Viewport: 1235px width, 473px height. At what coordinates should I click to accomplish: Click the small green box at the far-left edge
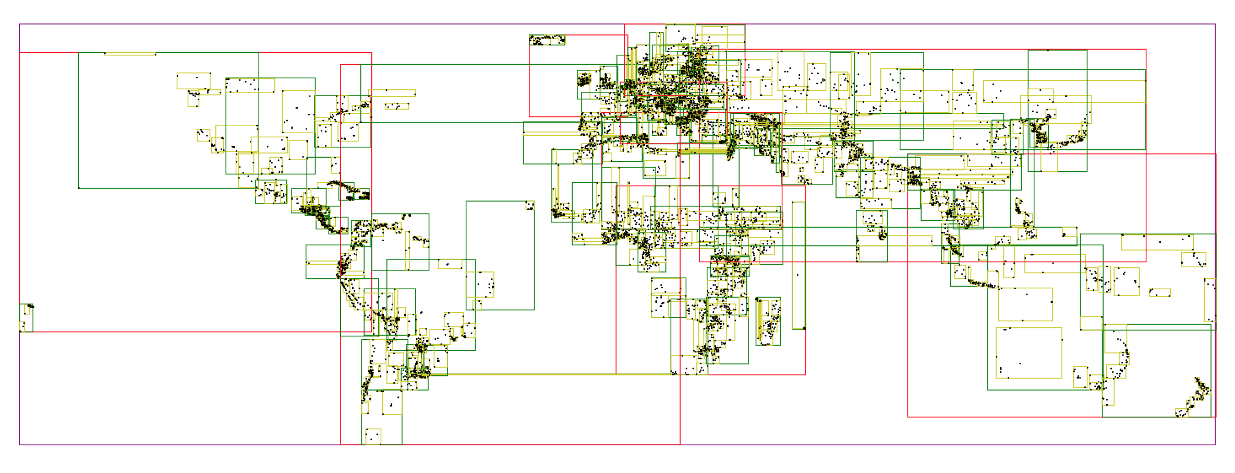26,318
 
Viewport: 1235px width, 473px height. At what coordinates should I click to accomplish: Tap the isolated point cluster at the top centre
547,40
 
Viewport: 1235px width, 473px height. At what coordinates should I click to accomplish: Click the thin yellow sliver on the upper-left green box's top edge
130,54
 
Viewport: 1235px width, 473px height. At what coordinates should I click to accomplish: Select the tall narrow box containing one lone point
798,265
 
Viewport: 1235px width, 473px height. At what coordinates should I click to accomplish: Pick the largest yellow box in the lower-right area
1028,353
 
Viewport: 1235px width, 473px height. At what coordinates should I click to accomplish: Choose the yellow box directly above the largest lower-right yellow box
1025,304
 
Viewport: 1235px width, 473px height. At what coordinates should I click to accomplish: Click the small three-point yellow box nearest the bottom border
373,436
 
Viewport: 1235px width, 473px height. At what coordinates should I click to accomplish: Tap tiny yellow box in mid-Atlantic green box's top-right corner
530,205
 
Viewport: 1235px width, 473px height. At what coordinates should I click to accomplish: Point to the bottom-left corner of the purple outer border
20,445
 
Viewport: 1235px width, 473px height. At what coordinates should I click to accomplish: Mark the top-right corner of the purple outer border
1215,24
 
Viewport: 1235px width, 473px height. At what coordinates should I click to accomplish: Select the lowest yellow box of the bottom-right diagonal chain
1182,412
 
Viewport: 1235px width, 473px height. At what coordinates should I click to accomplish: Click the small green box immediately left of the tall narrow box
768,321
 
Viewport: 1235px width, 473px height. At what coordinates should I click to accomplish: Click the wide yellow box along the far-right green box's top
1157,242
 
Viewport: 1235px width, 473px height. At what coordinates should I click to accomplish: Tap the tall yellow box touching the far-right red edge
1210,300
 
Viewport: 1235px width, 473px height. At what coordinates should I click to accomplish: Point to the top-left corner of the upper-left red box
20,53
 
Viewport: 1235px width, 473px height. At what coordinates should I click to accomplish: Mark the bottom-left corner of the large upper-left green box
79,188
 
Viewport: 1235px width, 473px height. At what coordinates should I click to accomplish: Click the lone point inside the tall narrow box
797,275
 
